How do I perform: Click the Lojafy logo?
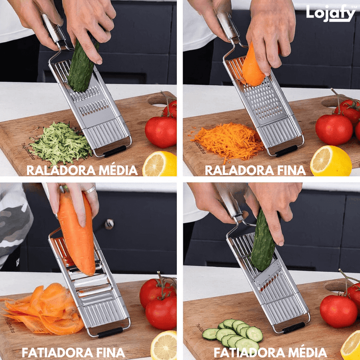coord(330,13)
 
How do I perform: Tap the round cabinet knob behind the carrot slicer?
coord(109,224)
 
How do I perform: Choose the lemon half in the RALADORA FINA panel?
coord(330,161)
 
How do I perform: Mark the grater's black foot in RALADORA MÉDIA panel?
coord(114,151)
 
